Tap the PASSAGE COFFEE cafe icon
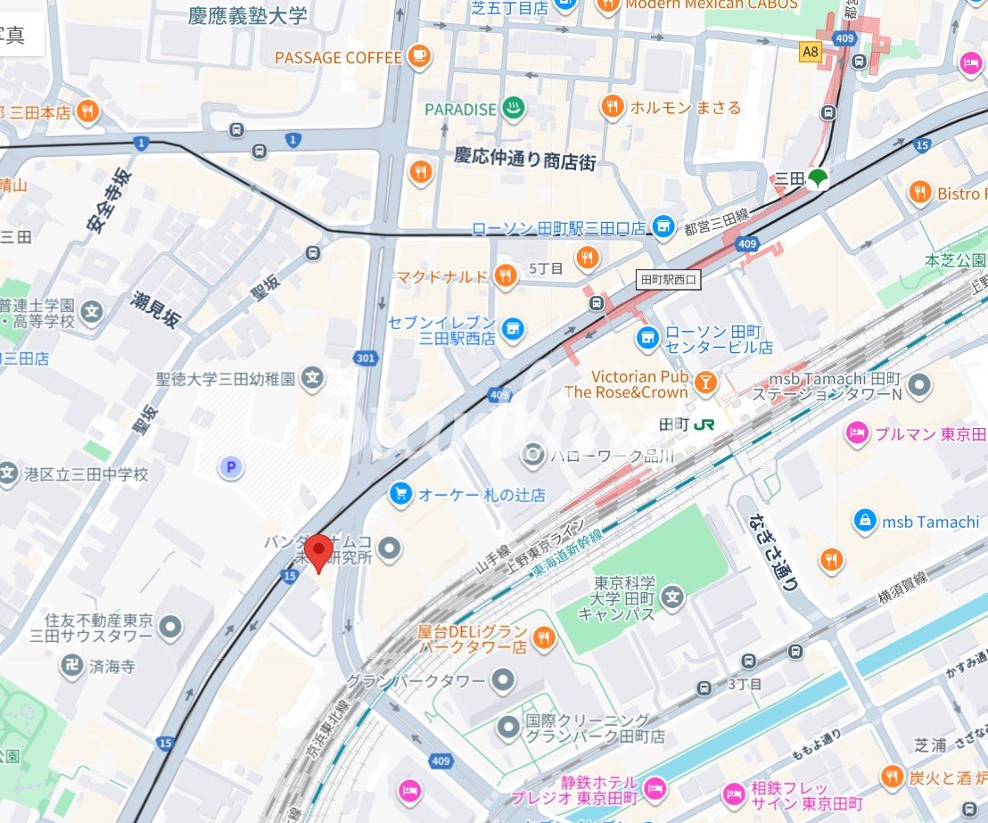point(418,57)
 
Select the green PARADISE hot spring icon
point(512,109)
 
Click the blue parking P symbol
point(232,466)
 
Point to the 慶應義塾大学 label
point(247,16)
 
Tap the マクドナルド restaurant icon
point(506,276)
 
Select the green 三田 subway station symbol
point(817,178)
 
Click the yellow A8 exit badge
point(810,52)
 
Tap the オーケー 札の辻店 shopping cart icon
point(400,494)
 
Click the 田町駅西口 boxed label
point(669,280)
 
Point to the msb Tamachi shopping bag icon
point(863,522)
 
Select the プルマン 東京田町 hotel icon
point(857,433)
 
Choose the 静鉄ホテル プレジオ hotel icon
point(655,787)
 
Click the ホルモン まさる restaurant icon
point(611,107)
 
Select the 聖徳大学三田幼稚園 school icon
point(312,379)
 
